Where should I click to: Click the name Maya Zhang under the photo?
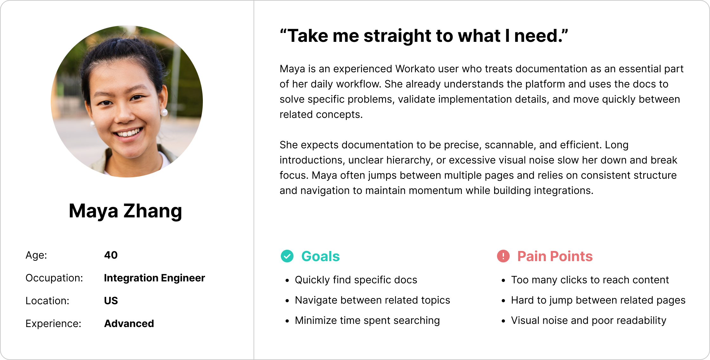point(126,211)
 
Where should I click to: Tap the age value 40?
point(111,255)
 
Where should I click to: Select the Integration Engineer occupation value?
point(154,278)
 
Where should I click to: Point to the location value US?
point(111,301)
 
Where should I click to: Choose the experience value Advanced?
point(129,324)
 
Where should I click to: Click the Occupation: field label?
point(54,278)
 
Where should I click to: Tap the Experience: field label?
point(53,324)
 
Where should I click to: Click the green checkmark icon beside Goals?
point(287,256)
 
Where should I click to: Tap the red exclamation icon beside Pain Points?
point(503,256)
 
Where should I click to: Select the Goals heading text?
point(320,256)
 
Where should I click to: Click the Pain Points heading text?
point(555,256)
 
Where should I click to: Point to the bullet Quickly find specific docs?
point(356,280)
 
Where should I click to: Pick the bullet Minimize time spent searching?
point(367,321)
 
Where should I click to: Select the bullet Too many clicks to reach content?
point(590,280)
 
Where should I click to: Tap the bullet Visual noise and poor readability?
point(589,321)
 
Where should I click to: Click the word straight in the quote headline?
point(397,36)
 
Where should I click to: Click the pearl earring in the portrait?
point(164,112)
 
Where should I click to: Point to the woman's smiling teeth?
point(128,132)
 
